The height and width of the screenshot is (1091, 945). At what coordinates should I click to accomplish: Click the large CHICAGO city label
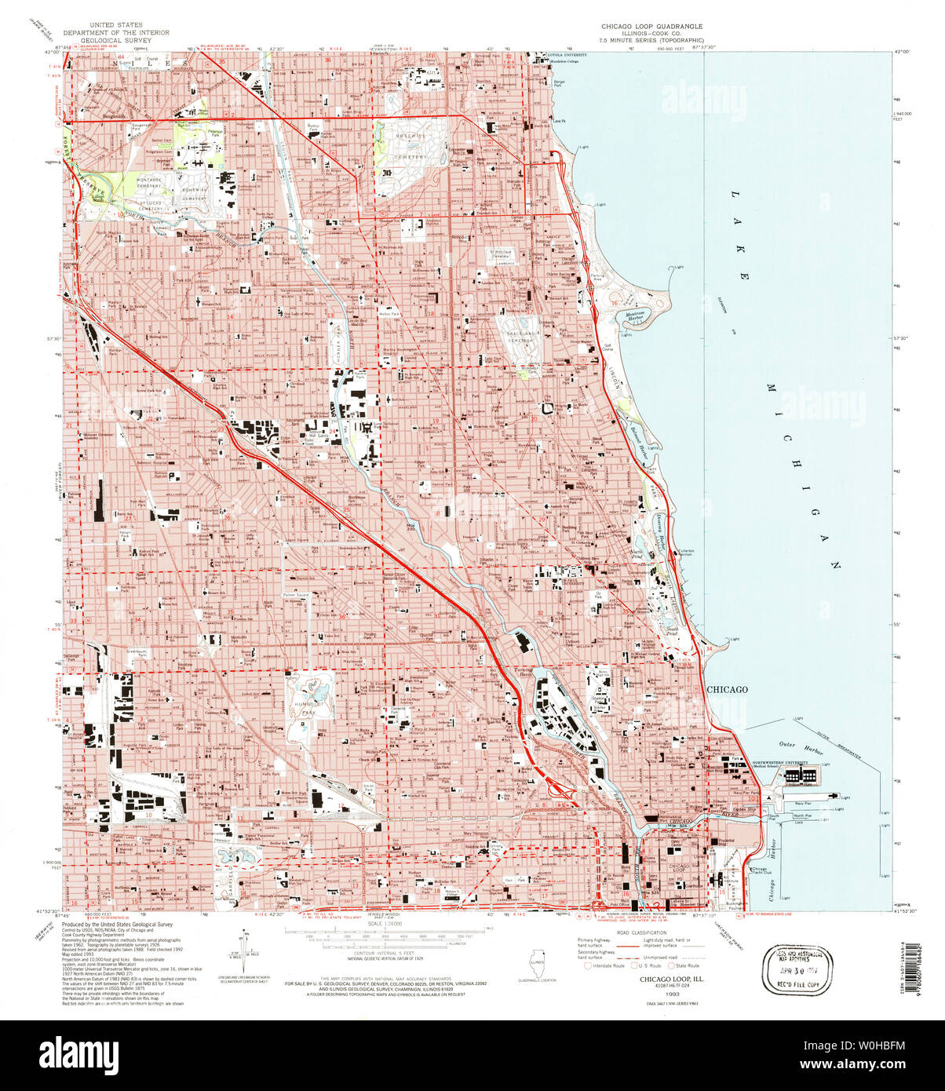[727, 689]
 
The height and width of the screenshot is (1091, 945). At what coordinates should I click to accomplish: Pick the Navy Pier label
[802, 804]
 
